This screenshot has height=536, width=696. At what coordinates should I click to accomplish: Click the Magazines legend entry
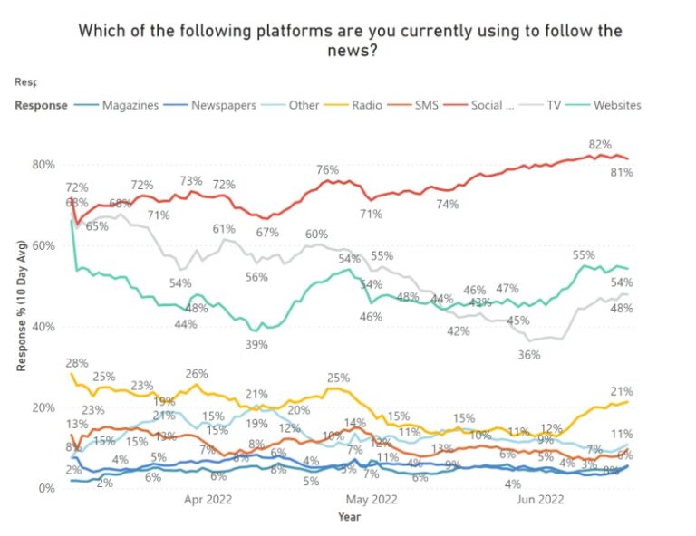coord(130,105)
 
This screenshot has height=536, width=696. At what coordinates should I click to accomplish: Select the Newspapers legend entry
coord(223,105)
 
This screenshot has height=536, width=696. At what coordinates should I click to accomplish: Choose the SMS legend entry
coord(426,105)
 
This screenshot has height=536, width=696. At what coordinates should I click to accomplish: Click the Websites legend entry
coord(617,105)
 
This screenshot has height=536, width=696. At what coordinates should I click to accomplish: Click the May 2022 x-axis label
coord(372,499)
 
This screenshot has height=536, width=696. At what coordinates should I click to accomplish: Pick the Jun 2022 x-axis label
coord(539,499)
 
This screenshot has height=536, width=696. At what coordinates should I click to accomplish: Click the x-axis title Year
coord(350,517)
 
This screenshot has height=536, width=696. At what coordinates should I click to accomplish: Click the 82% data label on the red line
coord(600,144)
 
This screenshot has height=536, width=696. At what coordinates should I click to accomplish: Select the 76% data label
coord(327,169)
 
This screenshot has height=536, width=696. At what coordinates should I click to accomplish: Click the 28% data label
coord(76,362)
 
